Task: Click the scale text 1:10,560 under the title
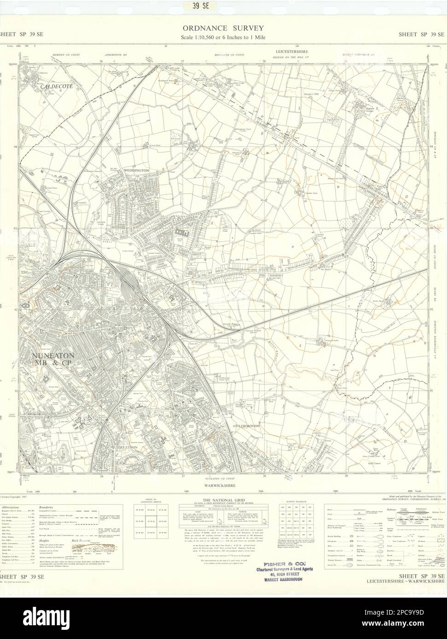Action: tap(223, 37)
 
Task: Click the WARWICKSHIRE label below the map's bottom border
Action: tap(223, 484)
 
